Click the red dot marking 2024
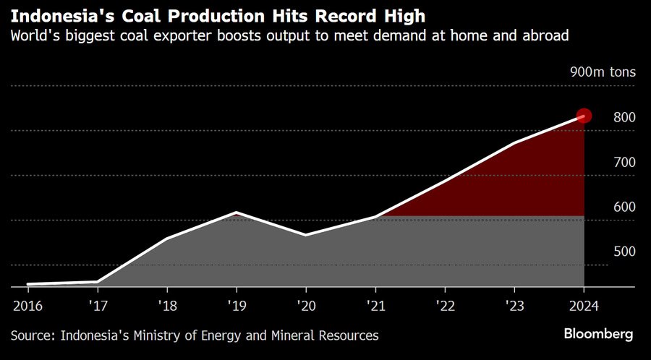pos(584,116)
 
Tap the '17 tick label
pos(97,305)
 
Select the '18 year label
pos(166,305)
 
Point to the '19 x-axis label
pos(236,305)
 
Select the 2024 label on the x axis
pos(583,305)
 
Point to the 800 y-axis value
pos(623,117)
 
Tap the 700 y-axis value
pos(623,162)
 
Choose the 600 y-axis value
pos(623,207)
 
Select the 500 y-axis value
pos(623,252)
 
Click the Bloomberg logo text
pos(598,334)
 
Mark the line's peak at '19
pos(236,213)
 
